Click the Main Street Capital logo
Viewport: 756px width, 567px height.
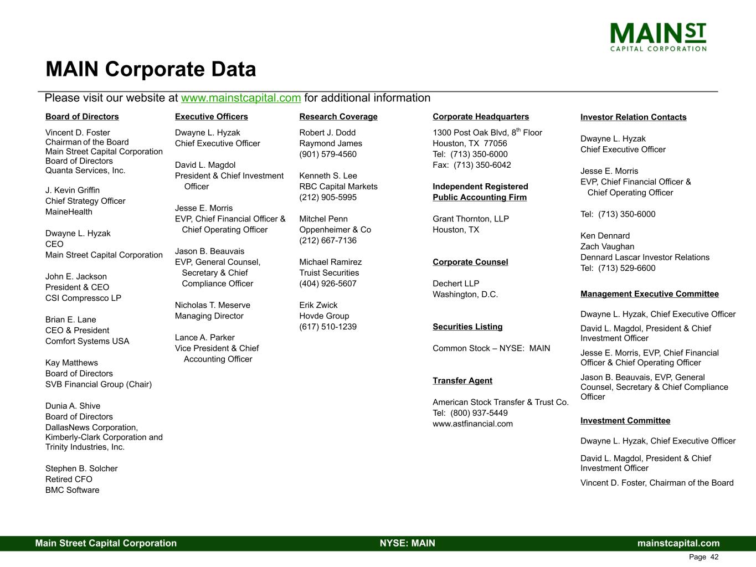tap(658, 37)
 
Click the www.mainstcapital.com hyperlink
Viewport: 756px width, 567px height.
tap(241, 98)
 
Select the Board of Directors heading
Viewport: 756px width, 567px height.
tap(82, 117)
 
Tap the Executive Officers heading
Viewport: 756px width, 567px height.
tap(211, 117)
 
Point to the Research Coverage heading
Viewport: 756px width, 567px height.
tap(338, 117)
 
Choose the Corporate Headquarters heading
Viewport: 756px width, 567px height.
tap(480, 117)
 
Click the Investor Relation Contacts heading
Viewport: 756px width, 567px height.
tap(633, 117)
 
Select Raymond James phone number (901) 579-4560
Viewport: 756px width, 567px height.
tap(328, 154)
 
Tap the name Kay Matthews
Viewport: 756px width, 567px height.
tap(71, 363)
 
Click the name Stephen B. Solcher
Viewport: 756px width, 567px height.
tap(81, 469)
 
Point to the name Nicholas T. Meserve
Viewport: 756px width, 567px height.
tap(212, 306)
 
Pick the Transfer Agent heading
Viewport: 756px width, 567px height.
tap(462, 381)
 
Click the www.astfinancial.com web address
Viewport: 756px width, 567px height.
tap(472, 424)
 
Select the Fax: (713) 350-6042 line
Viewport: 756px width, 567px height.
tap(471, 165)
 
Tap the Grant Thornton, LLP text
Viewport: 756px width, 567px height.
tap(470, 219)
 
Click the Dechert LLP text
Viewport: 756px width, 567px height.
tap(456, 284)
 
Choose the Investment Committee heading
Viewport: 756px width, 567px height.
tap(625, 421)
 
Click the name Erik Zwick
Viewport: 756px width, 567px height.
tap(318, 306)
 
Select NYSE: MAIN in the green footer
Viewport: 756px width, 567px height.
tap(407, 543)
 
